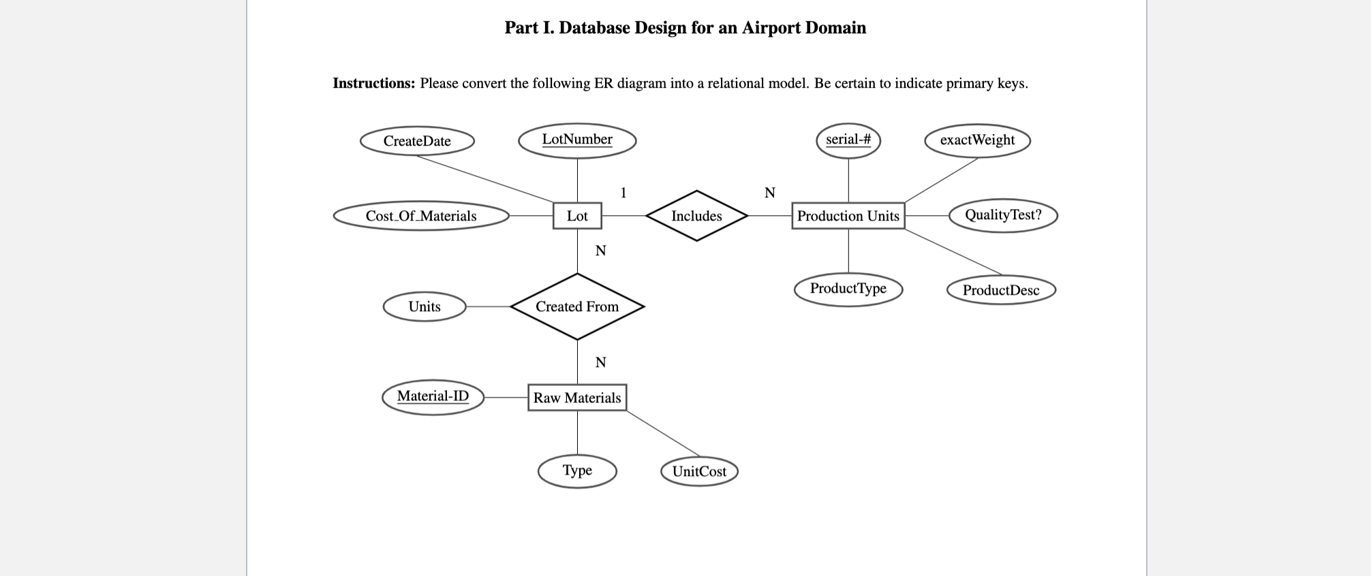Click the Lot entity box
[x=576, y=216]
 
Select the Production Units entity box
[x=848, y=216]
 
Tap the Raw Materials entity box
[x=576, y=398]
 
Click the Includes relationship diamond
[x=696, y=216]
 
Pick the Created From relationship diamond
[x=576, y=306]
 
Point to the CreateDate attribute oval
[x=417, y=141]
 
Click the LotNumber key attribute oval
[x=576, y=140]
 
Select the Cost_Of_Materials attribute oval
[x=420, y=216]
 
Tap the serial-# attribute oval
[x=848, y=140]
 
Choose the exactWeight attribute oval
[x=976, y=140]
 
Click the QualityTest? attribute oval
[x=1002, y=215]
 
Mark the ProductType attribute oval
[x=848, y=289]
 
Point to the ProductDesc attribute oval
[x=1000, y=290]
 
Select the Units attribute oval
[x=424, y=306]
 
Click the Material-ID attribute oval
[x=433, y=397]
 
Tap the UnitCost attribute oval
[x=699, y=471]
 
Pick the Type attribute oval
[x=576, y=470]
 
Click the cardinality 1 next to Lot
[x=623, y=193]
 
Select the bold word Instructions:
[x=373, y=84]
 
